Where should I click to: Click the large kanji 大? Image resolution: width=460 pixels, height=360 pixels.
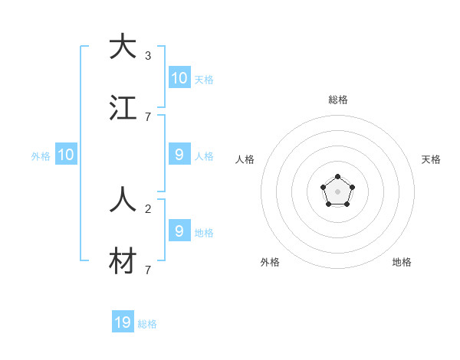[123, 47]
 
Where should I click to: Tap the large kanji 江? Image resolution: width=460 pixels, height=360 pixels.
[123, 108]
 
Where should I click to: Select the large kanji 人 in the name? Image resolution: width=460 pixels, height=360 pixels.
[123, 200]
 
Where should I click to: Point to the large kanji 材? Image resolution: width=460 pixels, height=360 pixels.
[123, 261]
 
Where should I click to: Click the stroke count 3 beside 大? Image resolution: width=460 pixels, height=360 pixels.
[147, 56]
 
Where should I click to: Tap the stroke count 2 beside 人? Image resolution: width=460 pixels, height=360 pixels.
[147, 208]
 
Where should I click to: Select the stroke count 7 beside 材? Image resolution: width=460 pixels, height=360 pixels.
[147, 270]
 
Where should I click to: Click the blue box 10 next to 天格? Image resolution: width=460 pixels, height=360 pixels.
[179, 78]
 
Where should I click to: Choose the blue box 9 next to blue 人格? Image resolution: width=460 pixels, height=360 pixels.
[179, 155]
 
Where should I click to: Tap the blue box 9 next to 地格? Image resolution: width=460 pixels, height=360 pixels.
[179, 231]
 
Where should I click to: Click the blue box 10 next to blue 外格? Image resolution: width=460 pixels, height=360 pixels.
[66, 155]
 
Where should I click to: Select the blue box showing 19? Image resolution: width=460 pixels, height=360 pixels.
[123, 322]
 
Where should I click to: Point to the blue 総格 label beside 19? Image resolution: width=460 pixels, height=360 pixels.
[147, 324]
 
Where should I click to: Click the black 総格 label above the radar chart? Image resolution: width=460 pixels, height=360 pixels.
[338, 100]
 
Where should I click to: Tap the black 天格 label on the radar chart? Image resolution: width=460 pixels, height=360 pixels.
[431, 159]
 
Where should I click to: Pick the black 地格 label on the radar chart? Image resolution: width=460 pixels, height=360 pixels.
[402, 262]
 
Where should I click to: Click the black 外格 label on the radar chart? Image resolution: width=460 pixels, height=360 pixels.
[270, 262]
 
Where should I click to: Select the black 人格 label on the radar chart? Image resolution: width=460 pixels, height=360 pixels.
[245, 159]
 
